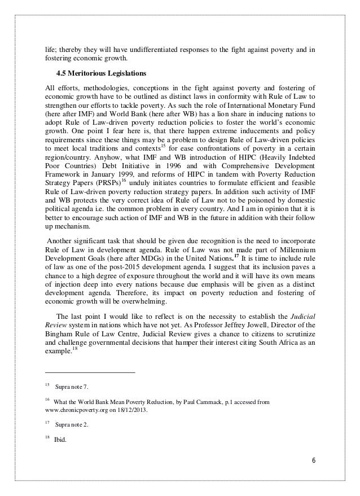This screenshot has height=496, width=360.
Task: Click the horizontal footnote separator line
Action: (x=90, y=372)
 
